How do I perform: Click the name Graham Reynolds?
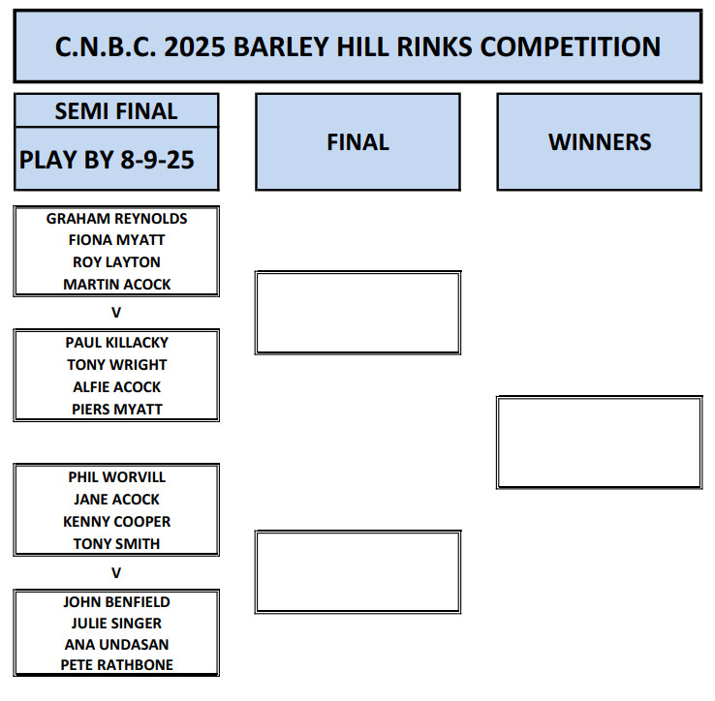(x=116, y=219)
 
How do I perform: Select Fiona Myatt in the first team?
(x=116, y=240)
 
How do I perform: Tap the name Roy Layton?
(x=116, y=262)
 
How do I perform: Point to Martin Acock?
(x=116, y=285)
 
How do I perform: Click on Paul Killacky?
(x=116, y=343)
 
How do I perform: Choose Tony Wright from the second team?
(x=116, y=365)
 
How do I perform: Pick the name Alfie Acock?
(x=116, y=387)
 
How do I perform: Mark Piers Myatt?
(x=116, y=410)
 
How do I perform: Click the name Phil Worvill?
(x=116, y=477)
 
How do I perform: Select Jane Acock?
(x=116, y=500)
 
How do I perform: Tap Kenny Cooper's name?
(x=116, y=522)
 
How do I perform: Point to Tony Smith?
(x=116, y=544)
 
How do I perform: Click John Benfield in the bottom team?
(x=116, y=602)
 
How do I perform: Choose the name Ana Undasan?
(x=116, y=645)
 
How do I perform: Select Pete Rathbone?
(x=116, y=665)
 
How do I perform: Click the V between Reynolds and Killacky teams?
(x=116, y=313)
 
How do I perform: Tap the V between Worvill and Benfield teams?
(x=116, y=573)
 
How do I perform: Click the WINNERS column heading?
(x=600, y=142)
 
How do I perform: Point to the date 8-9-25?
(x=157, y=160)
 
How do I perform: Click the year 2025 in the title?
(x=195, y=46)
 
